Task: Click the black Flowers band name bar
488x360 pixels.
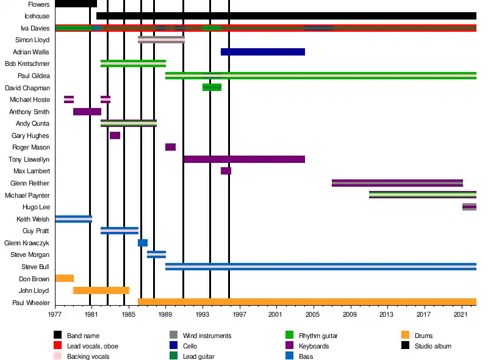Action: click(x=76, y=4)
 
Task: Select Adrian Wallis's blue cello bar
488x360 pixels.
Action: click(x=262, y=52)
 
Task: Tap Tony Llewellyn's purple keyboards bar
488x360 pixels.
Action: click(x=244, y=159)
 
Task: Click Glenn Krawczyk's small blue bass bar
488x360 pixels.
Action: click(x=143, y=243)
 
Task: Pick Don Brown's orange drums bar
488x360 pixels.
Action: click(x=64, y=278)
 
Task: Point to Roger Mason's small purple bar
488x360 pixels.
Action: click(x=170, y=147)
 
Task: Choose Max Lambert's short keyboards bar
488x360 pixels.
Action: click(x=226, y=171)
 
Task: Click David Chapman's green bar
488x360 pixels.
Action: click(x=212, y=87)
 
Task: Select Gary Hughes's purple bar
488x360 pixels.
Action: click(x=115, y=135)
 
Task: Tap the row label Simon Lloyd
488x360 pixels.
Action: click(x=33, y=40)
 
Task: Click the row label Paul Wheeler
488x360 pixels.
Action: click(x=31, y=302)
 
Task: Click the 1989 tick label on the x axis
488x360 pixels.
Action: click(x=165, y=315)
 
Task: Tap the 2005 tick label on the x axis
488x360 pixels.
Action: click(x=313, y=315)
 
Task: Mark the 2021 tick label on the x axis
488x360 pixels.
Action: click(x=461, y=315)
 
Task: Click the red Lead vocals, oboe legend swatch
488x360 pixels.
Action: click(x=58, y=346)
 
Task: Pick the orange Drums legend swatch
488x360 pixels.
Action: click(x=405, y=335)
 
